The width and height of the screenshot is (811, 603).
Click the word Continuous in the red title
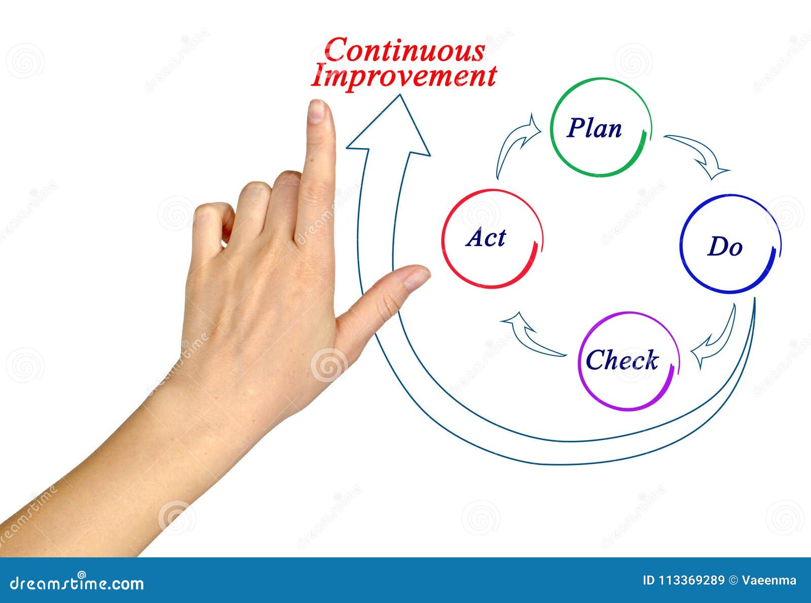coord(404,50)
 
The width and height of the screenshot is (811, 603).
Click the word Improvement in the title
coord(403,76)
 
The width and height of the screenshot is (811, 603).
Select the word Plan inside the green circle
coord(594,128)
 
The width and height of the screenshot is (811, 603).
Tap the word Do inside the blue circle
coord(725,247)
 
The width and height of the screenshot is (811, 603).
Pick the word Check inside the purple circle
coord(622,360)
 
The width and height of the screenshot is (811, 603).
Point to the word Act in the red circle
coord(486,238)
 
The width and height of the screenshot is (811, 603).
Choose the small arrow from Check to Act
coord(530,334)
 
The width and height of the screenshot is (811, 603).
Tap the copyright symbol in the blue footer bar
coord(733,581)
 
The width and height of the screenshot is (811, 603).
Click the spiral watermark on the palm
coord(328,365)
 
